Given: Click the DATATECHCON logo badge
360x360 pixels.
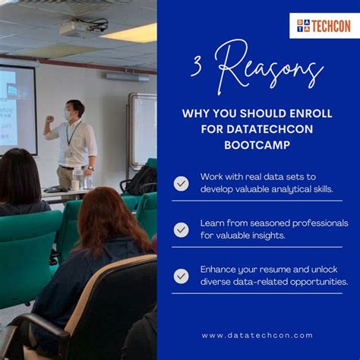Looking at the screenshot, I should click(324, 26).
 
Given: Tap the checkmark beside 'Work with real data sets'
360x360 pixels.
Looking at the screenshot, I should click(181, 183).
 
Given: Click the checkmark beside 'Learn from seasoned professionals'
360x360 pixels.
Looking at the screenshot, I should click(181, 229).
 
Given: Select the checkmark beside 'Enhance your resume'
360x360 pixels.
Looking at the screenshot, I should click(181, 276).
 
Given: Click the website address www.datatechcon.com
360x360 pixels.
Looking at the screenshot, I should click(257, 335).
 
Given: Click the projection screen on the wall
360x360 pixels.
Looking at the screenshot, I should click(17, 106).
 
